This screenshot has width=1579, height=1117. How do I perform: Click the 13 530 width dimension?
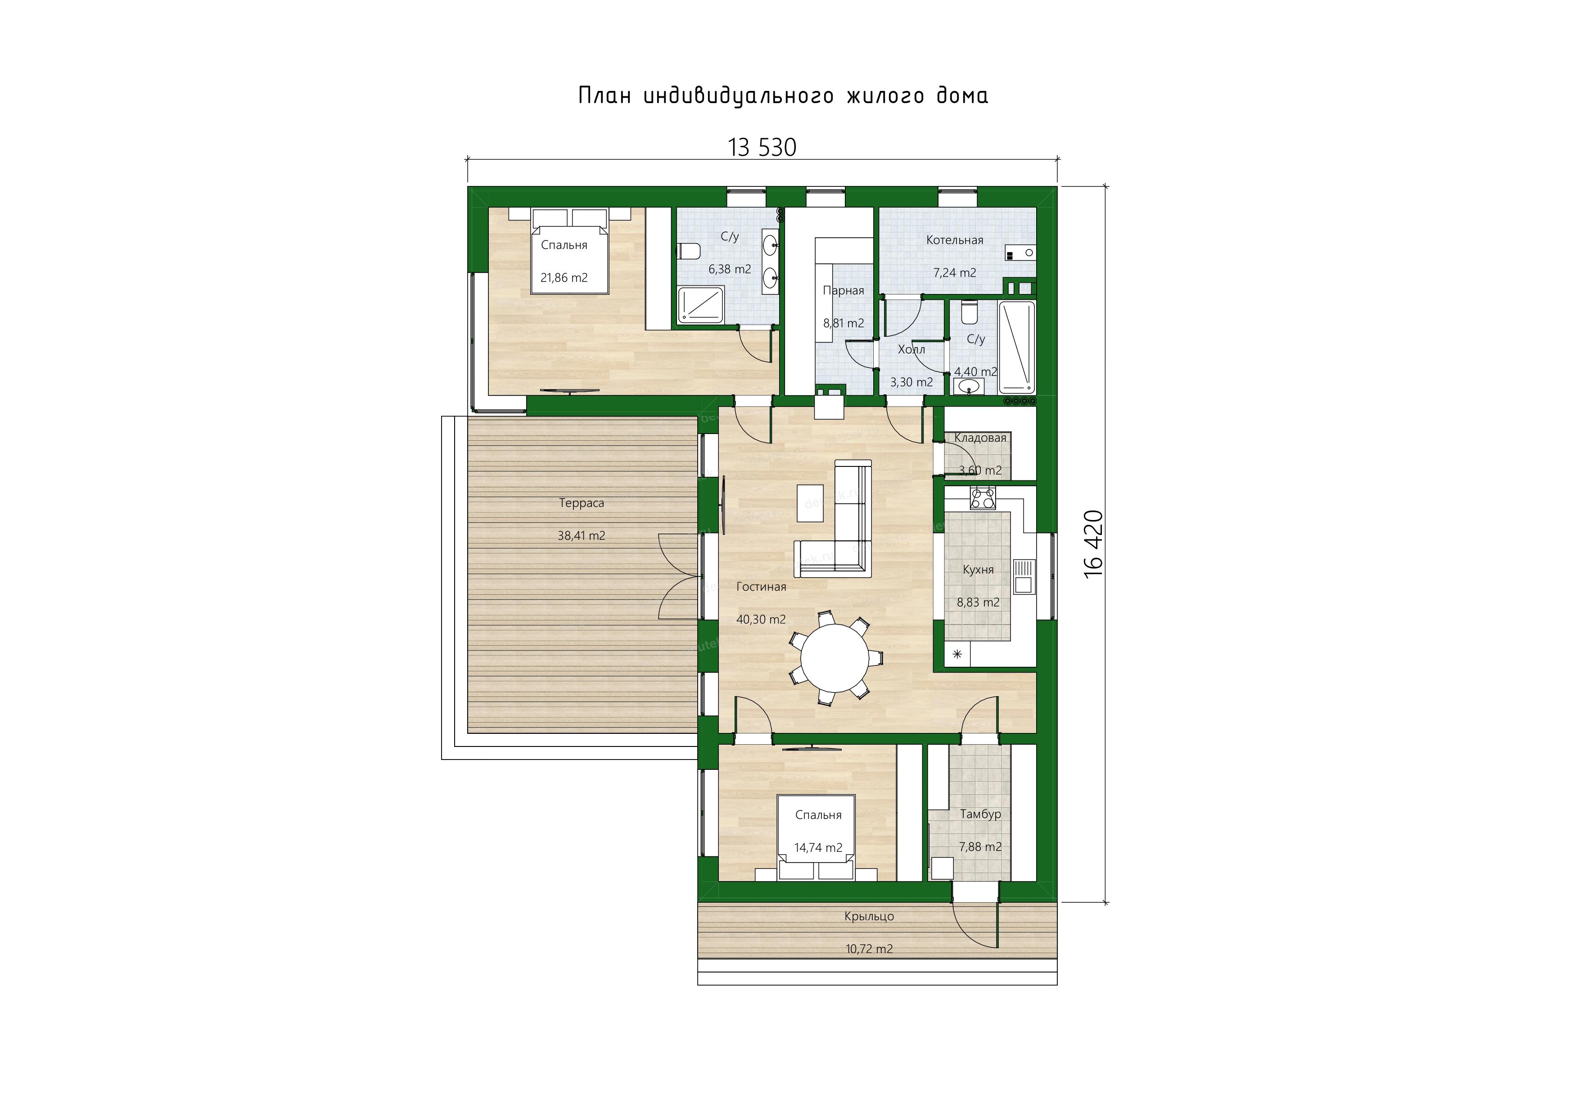pos(762,148)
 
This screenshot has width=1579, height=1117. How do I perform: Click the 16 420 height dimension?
pos(1093,544)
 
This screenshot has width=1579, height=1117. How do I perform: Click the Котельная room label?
pos(955,240)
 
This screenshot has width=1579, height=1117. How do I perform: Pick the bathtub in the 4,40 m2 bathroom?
pos(1016,347)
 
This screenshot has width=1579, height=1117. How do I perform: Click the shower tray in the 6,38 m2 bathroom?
pos(700,305)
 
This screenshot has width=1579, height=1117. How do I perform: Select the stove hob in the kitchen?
pos(983,497)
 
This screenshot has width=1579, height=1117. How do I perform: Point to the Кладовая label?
pos(980,438)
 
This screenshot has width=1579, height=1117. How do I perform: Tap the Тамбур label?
pos(981,814)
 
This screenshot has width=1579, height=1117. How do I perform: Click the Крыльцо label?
pos(869,916)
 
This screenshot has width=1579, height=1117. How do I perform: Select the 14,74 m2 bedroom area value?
pos(818,847)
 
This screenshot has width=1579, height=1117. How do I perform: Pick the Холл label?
pos(911,349)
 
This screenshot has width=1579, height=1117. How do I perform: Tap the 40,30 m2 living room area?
pos(761,619)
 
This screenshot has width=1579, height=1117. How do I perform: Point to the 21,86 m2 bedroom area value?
pos(564,278)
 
